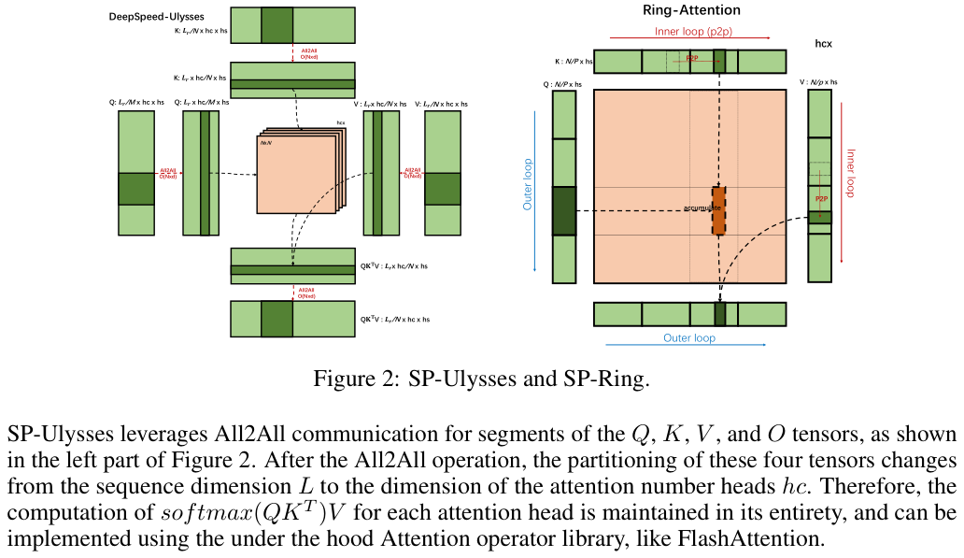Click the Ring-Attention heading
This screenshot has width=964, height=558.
pyautogui.click(x=691, y=10)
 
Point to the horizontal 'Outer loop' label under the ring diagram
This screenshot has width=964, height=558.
pyautogui.click(x=689, y=337)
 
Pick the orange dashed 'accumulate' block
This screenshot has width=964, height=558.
pyautogui.click(x=718, y=210)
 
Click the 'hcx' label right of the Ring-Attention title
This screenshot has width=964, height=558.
pyautogui.click(x=824, y=44)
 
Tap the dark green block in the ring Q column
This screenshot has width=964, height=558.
pyautogui.click(x=564, y=210)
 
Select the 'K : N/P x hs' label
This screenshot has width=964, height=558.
pyautogui.click(x=574, y=61)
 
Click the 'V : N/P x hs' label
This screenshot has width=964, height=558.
pyautogui.click(x=818, y=83)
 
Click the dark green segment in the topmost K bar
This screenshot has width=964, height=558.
pyautogui.click(x=276, y=25)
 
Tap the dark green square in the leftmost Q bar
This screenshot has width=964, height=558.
pyautogui.click(x=135, y=189)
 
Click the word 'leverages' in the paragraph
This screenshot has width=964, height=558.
pyautogui.click(x=138, y=435)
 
